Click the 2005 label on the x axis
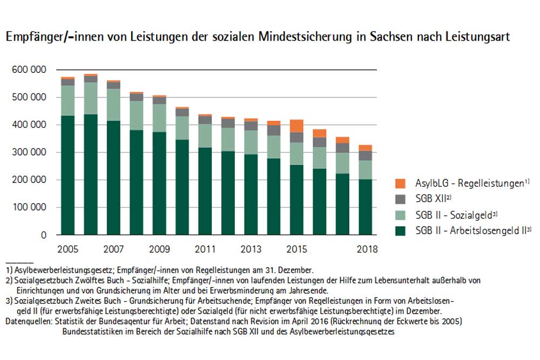click(68, 249)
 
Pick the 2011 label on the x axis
click(205, 249)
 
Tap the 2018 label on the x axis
click(367, 249)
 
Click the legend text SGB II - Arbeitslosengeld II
click(470, 231)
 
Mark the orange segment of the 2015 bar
click(296, 126)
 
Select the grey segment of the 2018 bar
click(365, 155)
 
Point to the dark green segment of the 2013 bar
click(251, 194)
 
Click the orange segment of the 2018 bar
click(365, 147)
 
